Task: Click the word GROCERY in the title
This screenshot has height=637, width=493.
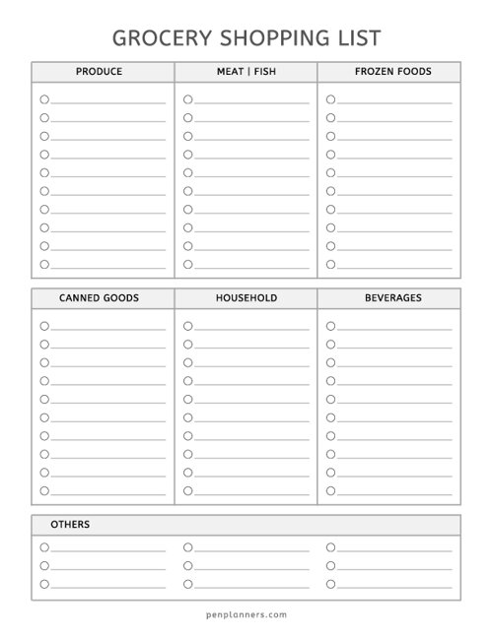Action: tap(156, 37)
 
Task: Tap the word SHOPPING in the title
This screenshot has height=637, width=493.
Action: tap(261, 37)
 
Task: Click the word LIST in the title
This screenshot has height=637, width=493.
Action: tap(350, 37)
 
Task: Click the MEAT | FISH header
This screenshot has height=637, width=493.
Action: tap(246, 72)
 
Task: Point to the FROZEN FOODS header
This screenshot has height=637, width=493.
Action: tap(388, 72)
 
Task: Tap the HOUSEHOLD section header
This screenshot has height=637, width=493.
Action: tap(246, 297)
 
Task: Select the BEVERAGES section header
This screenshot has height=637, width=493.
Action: tap(388, 297)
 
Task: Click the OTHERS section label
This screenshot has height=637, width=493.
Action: tap(69, 524)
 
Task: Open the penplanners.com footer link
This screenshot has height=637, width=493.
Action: tap(246, 615)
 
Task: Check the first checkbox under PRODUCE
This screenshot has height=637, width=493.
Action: tap(44, 99)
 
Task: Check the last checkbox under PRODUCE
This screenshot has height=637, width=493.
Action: tap(44, 264)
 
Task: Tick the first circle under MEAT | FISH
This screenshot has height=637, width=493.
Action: tap(187, 99)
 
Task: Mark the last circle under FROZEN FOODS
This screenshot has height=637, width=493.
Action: tap(331, 264)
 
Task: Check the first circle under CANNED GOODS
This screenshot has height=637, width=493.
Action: tap(44, 326)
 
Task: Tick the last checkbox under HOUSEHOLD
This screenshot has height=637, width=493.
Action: tap(187, 490)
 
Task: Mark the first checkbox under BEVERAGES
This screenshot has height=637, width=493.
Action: tap(331, 326)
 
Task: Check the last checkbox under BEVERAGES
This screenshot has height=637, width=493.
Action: tap(331, 490)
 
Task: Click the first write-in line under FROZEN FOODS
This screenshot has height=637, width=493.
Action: tap(394, 101)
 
